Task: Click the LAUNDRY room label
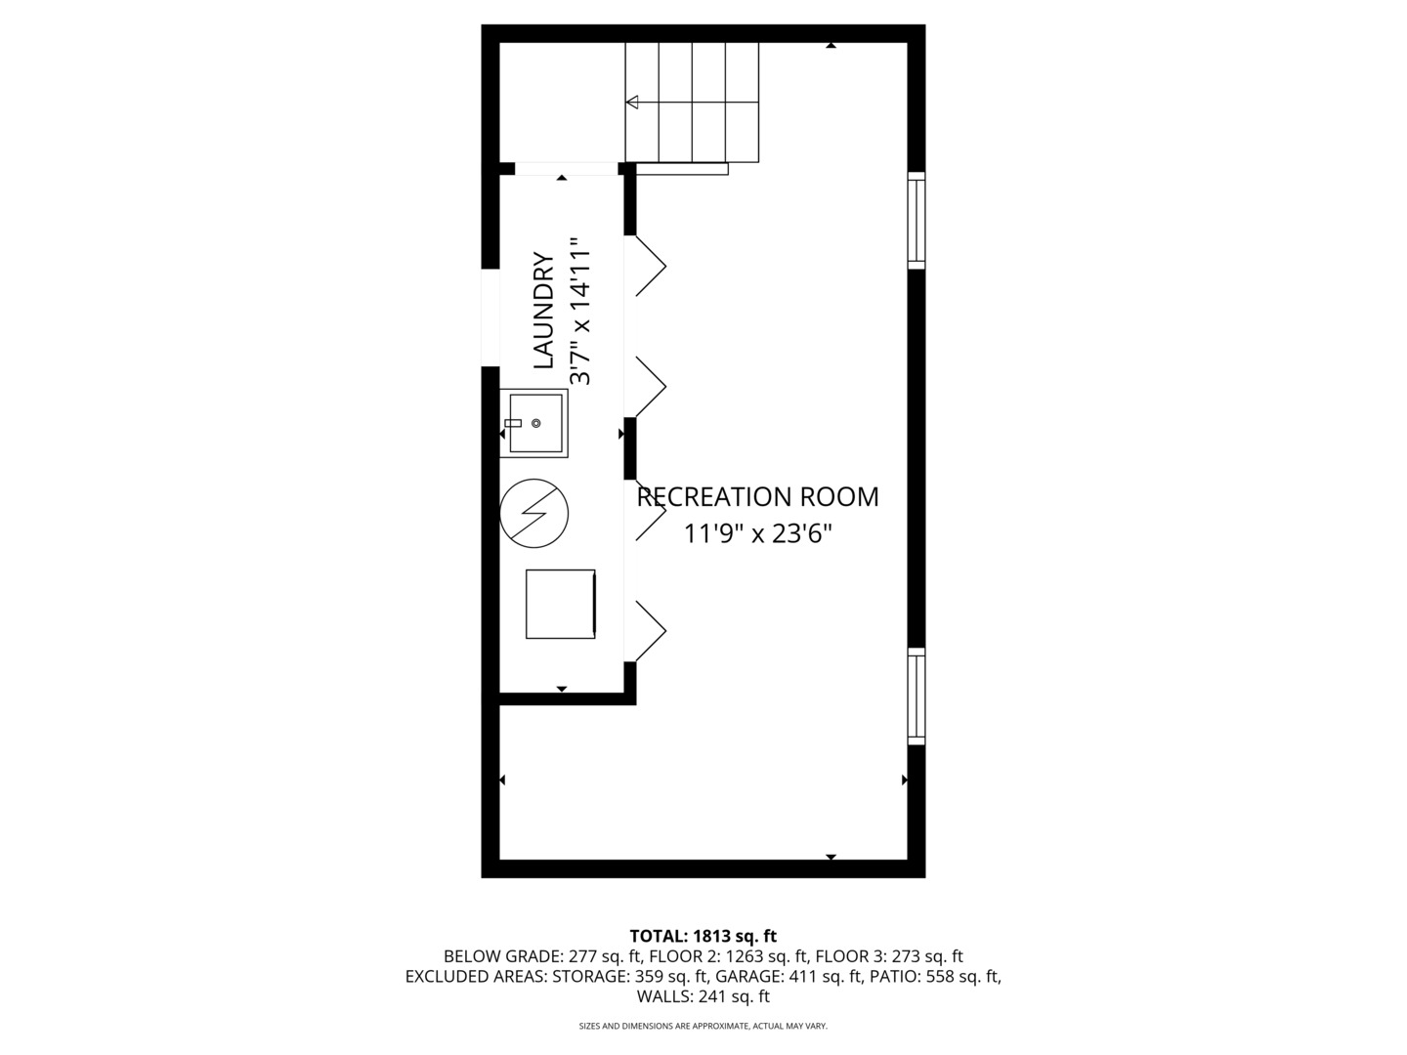pos(543,311)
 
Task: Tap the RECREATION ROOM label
pos(757,497)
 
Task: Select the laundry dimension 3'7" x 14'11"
pos(581,311)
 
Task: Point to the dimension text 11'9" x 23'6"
pos(757,534)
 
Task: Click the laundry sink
pos(533,423)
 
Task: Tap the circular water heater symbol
pos(533,512)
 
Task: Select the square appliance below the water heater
pos(560,604)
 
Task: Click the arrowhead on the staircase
pos(632,102)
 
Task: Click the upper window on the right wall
pos(916,220)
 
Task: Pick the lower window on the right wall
pos(916,696)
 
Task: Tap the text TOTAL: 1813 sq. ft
pos(703,936)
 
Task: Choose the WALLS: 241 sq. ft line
pos(703,996)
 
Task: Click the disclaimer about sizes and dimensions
pos(703,1026)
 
